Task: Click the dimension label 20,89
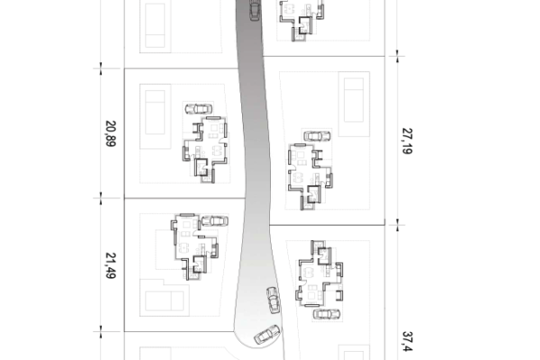110,134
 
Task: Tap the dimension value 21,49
110,265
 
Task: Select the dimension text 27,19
407,141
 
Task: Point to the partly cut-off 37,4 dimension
407,342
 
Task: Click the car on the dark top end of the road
255,10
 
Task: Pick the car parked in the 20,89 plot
198,109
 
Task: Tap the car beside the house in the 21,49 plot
214,220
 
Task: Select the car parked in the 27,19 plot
317,136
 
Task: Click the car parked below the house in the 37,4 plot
327,314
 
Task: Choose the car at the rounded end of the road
267,334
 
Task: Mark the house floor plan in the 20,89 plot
205,148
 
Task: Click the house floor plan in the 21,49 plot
195,247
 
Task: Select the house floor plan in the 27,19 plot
310,176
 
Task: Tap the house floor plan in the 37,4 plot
319,274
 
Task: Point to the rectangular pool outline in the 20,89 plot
155,112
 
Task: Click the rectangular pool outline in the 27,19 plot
354,100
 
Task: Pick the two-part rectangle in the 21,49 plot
165,301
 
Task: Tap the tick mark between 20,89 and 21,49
101,198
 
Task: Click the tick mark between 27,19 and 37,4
398,225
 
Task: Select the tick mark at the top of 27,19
398,56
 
